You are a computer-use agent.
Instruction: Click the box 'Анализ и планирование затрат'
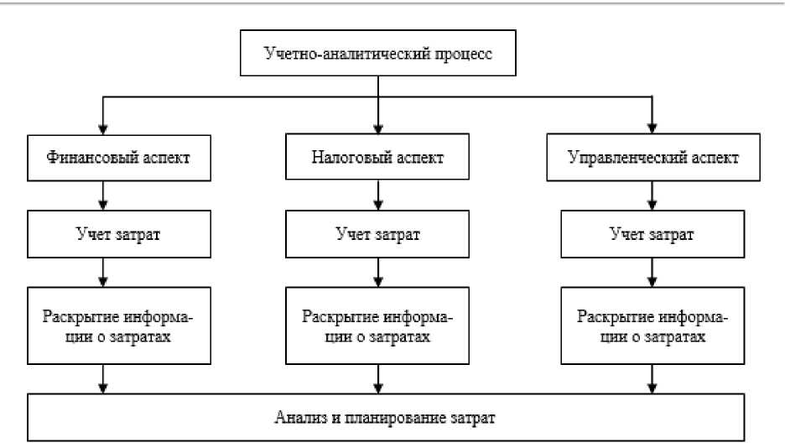click(x=387, y=415)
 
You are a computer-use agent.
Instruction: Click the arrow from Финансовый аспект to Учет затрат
click(x=101, y=197)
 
